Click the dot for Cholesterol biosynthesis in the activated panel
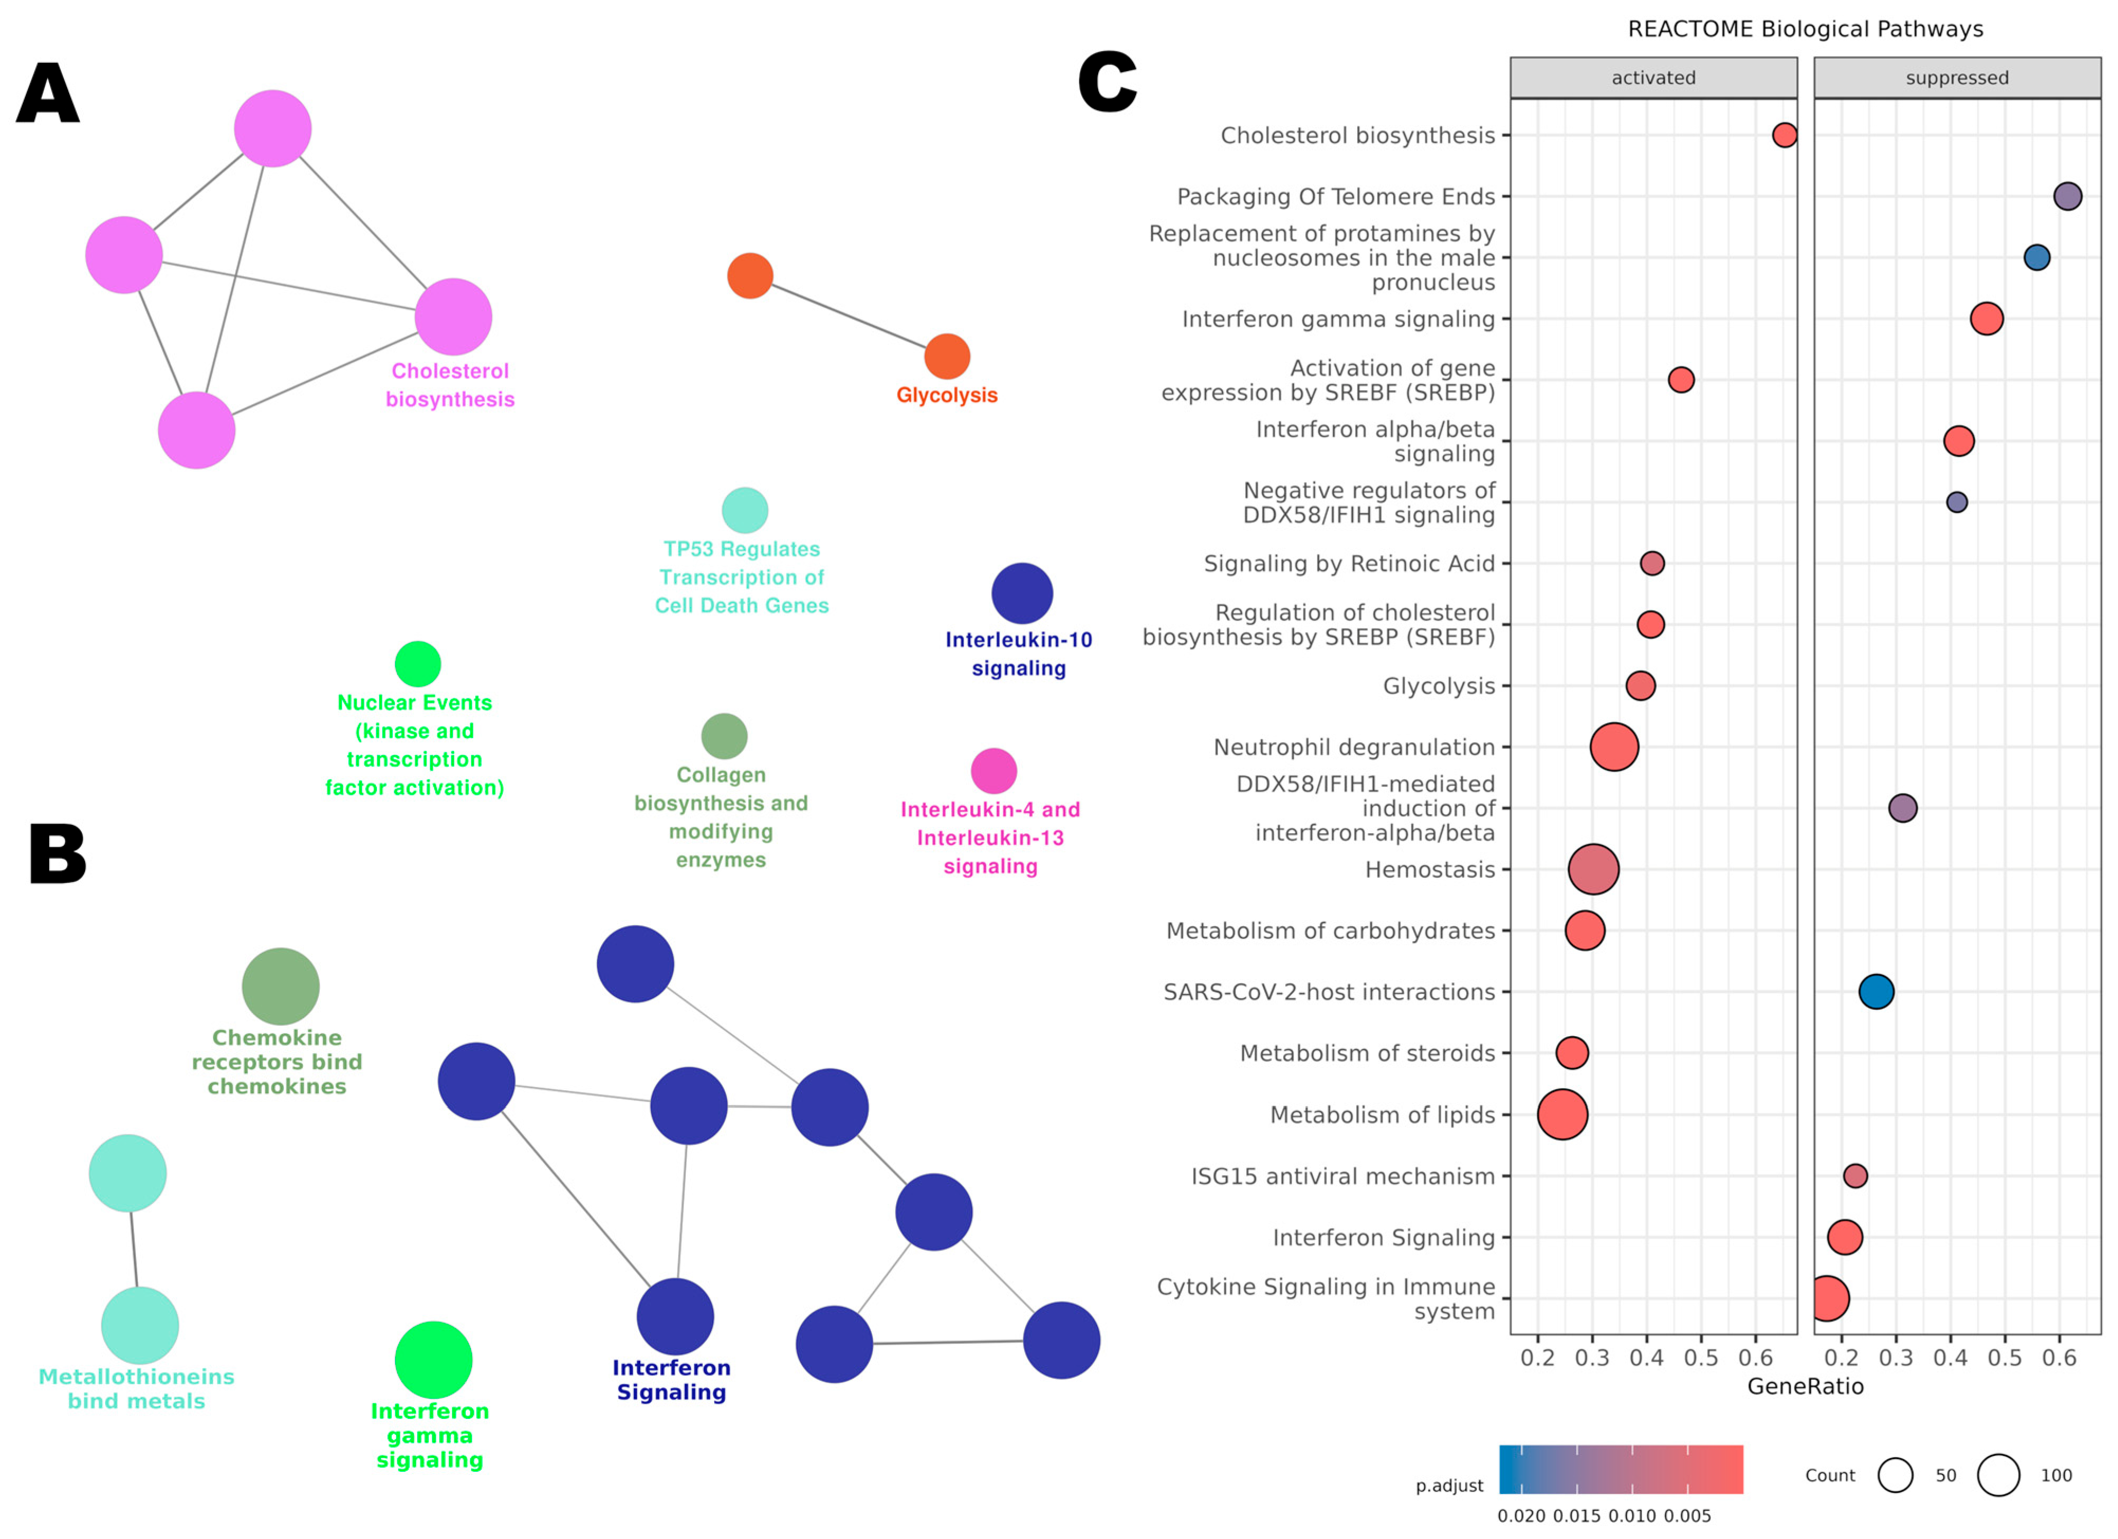(1784, 135)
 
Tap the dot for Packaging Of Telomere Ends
(2068, 196)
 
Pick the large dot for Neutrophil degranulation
(1614, 747)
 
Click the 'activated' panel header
(1653, 78)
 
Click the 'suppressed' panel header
(1956, 78)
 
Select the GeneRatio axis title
(1804, 1386)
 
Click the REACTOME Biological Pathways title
(1805, 29)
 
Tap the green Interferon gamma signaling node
(434, 1360)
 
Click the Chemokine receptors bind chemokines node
(280, 986)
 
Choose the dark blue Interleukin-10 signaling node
(1021, 593)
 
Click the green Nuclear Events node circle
(418, 664)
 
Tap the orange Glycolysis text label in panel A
(946, 395)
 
